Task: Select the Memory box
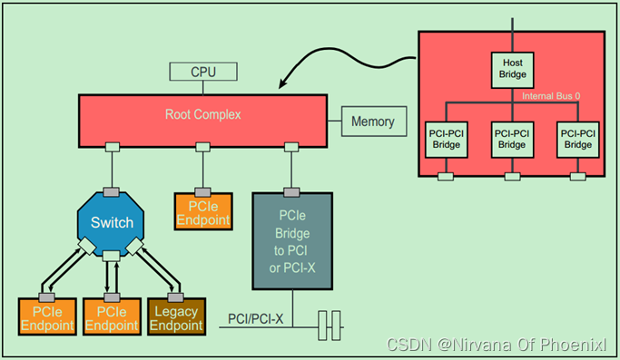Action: [372, 122]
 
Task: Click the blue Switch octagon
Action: [113, 223]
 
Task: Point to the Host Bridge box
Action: [513, 67]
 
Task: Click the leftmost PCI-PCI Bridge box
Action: [447, 138]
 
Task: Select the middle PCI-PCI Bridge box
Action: [512, 138]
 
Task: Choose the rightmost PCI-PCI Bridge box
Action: [577, 138]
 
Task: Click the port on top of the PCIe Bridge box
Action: [291, 190]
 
